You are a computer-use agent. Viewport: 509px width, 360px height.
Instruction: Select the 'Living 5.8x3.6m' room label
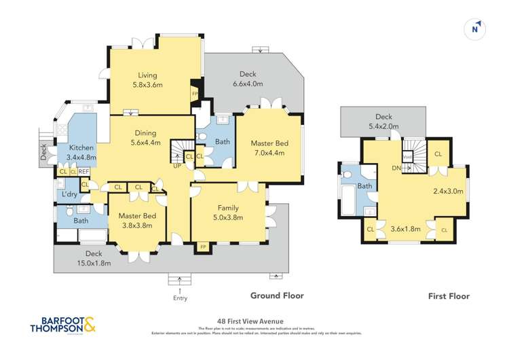tap(147, 80)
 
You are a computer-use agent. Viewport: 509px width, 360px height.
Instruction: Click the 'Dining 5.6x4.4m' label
tap(145, 138)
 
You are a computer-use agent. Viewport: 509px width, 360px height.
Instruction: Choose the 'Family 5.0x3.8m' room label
tap(227, 213)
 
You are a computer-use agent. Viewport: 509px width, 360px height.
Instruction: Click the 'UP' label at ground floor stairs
tap(177, 165)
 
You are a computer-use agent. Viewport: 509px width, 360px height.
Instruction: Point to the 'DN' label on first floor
tap(396, 166)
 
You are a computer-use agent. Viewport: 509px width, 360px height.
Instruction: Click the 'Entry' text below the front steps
tap(180, 298)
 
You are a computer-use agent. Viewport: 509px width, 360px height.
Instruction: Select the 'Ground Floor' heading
tap(277, 295)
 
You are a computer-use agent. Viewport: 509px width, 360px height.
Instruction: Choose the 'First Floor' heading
tap(449, 296)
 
